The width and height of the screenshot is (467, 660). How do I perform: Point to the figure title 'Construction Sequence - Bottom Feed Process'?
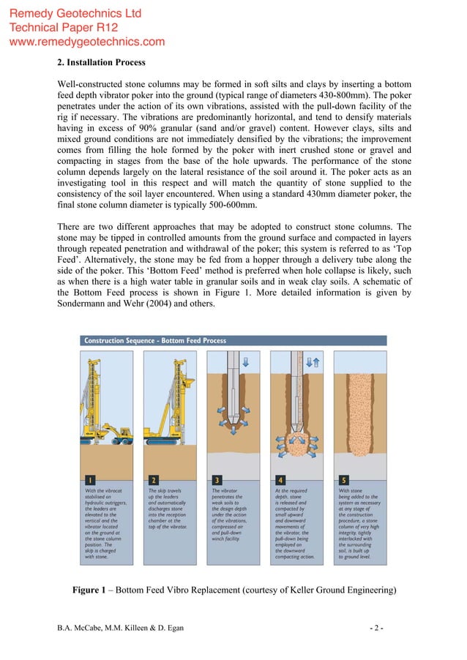155,340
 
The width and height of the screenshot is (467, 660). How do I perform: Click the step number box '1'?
89,480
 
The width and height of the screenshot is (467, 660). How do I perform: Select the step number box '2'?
153,480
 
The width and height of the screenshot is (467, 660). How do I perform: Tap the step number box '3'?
217,480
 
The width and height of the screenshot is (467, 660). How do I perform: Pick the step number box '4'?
280,480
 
